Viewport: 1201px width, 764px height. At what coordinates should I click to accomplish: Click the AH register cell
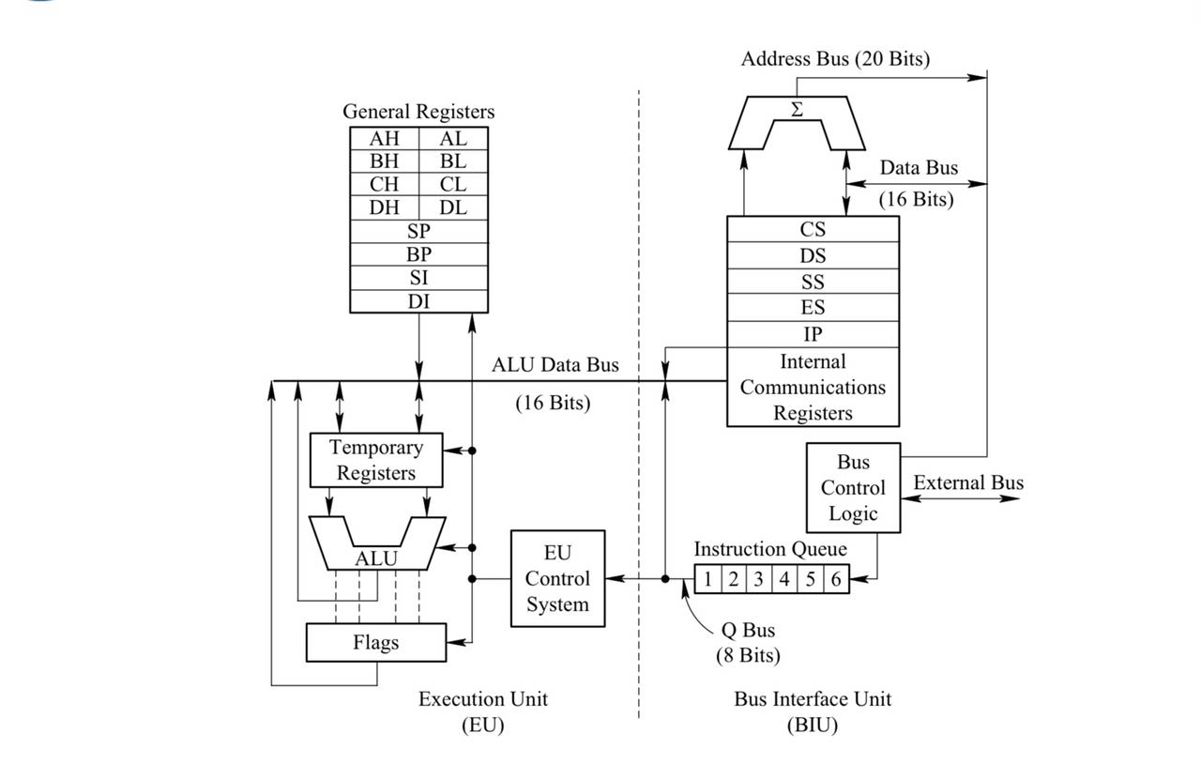[384, 138]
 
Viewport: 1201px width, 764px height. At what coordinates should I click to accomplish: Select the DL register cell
[453, 207]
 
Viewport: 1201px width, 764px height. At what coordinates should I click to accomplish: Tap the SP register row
[418, 231]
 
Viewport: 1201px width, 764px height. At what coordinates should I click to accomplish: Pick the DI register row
[418, 301]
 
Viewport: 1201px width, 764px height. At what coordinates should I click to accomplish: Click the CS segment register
[813, 229]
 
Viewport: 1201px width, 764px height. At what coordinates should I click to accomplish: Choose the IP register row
[813, 334]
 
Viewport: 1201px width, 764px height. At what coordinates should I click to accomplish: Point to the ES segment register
[813, 308]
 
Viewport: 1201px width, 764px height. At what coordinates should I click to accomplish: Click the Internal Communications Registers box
[813, 387]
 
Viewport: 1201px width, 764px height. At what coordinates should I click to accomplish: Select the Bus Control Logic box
[853, 488]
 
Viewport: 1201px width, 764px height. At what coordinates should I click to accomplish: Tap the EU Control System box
[557, 578]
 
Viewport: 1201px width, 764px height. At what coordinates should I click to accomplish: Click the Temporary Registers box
[376, 460]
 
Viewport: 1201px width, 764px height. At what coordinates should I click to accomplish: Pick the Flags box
[376, 643]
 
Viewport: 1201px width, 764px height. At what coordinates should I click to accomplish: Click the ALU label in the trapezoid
[376, 558]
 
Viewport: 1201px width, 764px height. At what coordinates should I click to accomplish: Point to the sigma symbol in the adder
[797, 110]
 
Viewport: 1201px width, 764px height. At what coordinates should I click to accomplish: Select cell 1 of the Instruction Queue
[707, 579]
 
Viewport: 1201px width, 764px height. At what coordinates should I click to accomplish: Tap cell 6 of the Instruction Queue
[835, 579]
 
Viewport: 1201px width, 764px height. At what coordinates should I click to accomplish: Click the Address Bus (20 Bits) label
[835, 59]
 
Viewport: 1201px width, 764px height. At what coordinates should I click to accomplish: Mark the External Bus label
[968, 482]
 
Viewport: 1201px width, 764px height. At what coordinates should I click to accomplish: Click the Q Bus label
[748, 630]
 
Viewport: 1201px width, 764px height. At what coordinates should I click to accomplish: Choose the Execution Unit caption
[482, 699]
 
